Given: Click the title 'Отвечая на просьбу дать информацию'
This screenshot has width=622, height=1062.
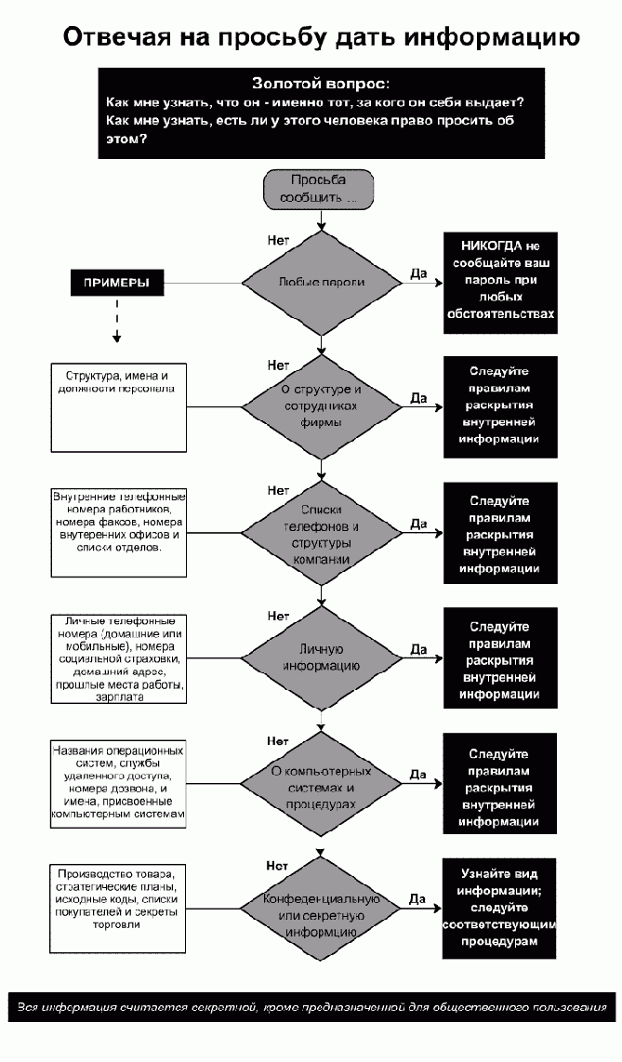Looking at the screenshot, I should click(321, 37).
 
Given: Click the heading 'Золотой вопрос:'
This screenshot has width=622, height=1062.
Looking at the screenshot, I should click(320, 84).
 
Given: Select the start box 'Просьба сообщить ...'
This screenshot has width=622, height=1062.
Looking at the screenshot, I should click(319, 190).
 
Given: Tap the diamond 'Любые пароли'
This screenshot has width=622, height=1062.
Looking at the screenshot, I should click(319, 282).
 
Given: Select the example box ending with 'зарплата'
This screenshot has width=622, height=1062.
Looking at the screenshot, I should click(119, 657).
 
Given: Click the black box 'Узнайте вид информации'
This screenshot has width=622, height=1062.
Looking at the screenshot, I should click(499, 908).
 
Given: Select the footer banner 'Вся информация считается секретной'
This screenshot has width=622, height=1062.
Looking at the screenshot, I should click(311, 1006).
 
